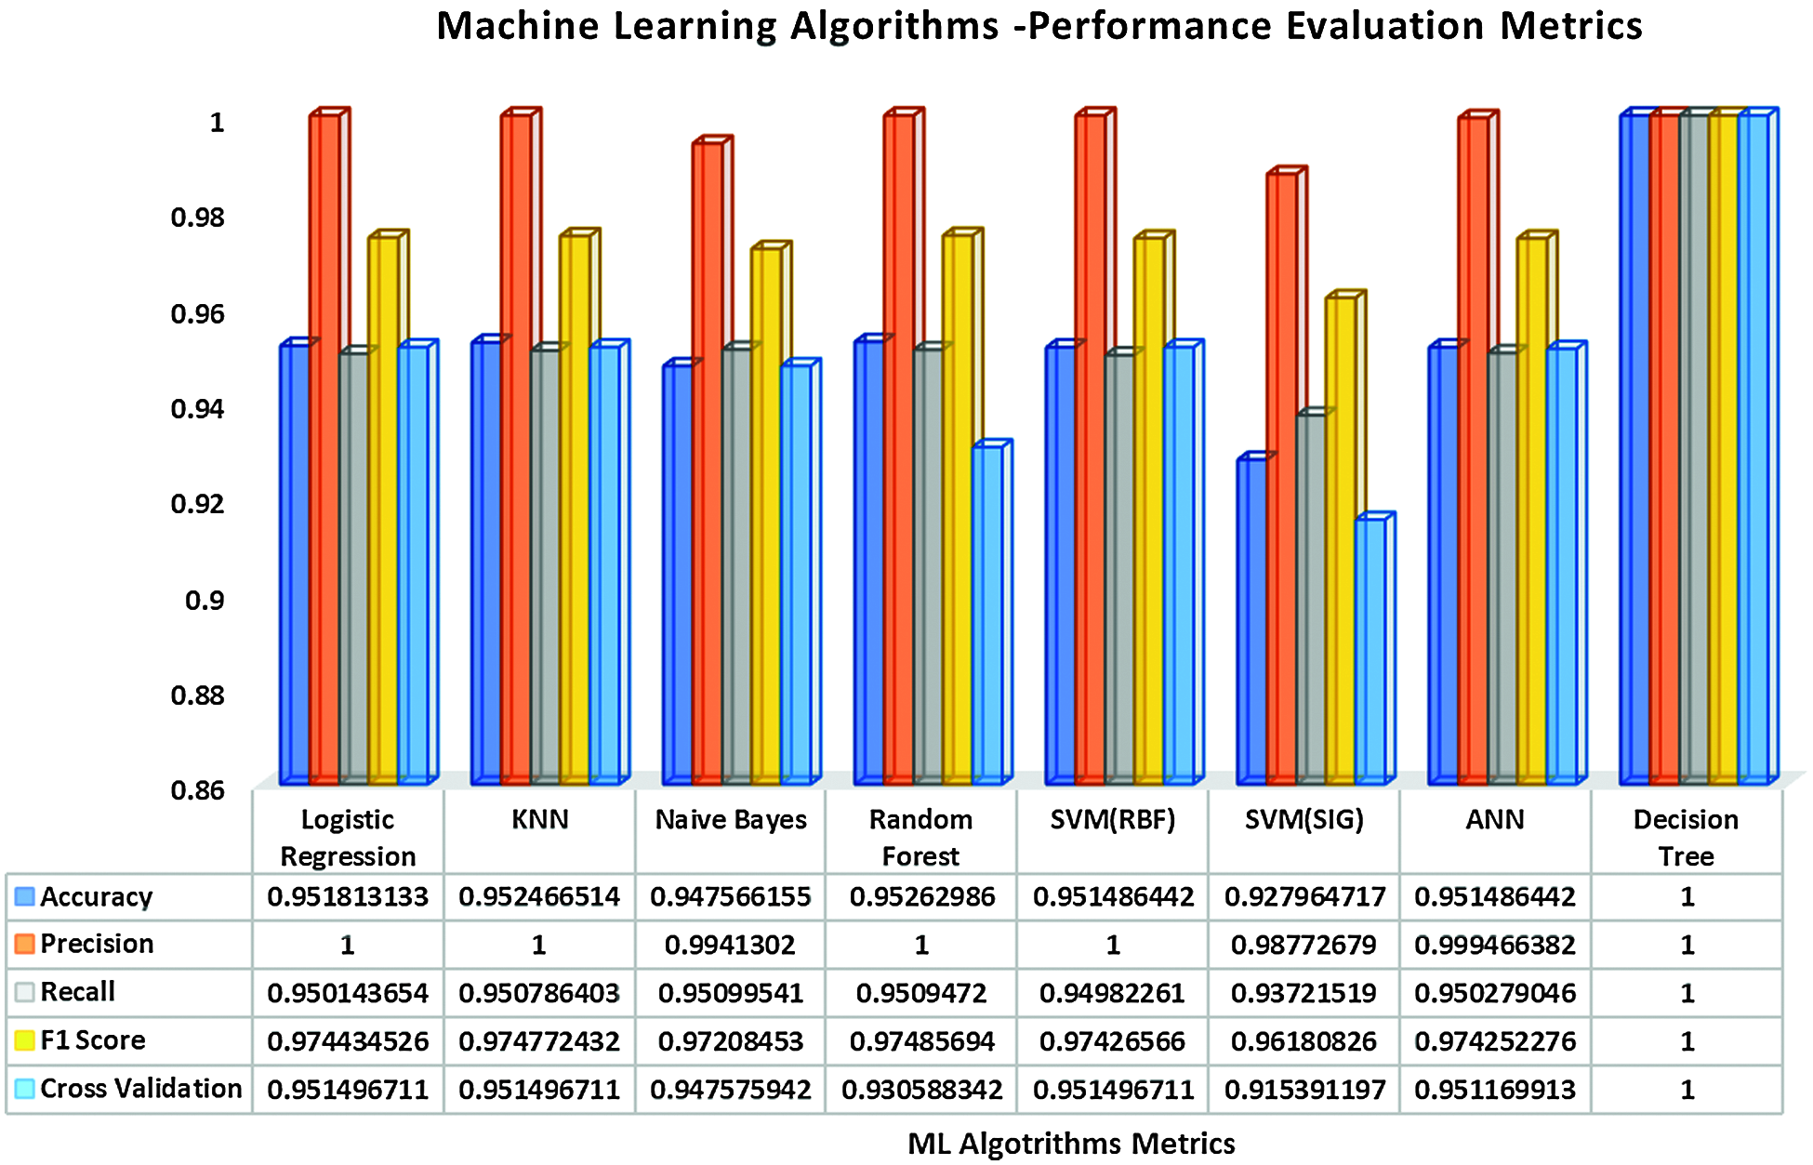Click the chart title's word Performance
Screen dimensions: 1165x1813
(1148, 26)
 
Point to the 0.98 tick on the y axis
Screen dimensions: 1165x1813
(197, 218)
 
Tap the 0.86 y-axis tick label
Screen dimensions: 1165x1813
(197, 790)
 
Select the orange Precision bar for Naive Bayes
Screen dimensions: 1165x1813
(707, 465)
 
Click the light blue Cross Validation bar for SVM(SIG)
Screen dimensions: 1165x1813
(1370, 651)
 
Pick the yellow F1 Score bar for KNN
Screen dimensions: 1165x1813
(574, 511)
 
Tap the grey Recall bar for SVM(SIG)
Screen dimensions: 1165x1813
(1311, 595)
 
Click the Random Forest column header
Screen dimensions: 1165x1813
(920, 837)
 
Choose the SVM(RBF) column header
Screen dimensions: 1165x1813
(1113, 820)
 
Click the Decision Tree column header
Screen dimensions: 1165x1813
(1686, 837)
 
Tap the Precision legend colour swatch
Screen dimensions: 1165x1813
(25, 944)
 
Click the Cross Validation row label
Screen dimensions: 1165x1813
(140, 1089)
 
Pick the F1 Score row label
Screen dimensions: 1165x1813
(92, 1040)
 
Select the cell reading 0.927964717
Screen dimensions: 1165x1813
(1304, 897)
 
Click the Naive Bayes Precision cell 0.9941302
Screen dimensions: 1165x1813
(730, 946)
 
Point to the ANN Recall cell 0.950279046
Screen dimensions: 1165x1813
(1495, 994)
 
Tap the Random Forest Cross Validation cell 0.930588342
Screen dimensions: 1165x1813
(921, 1090)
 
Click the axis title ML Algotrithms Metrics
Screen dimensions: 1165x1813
(1071, 1144)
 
